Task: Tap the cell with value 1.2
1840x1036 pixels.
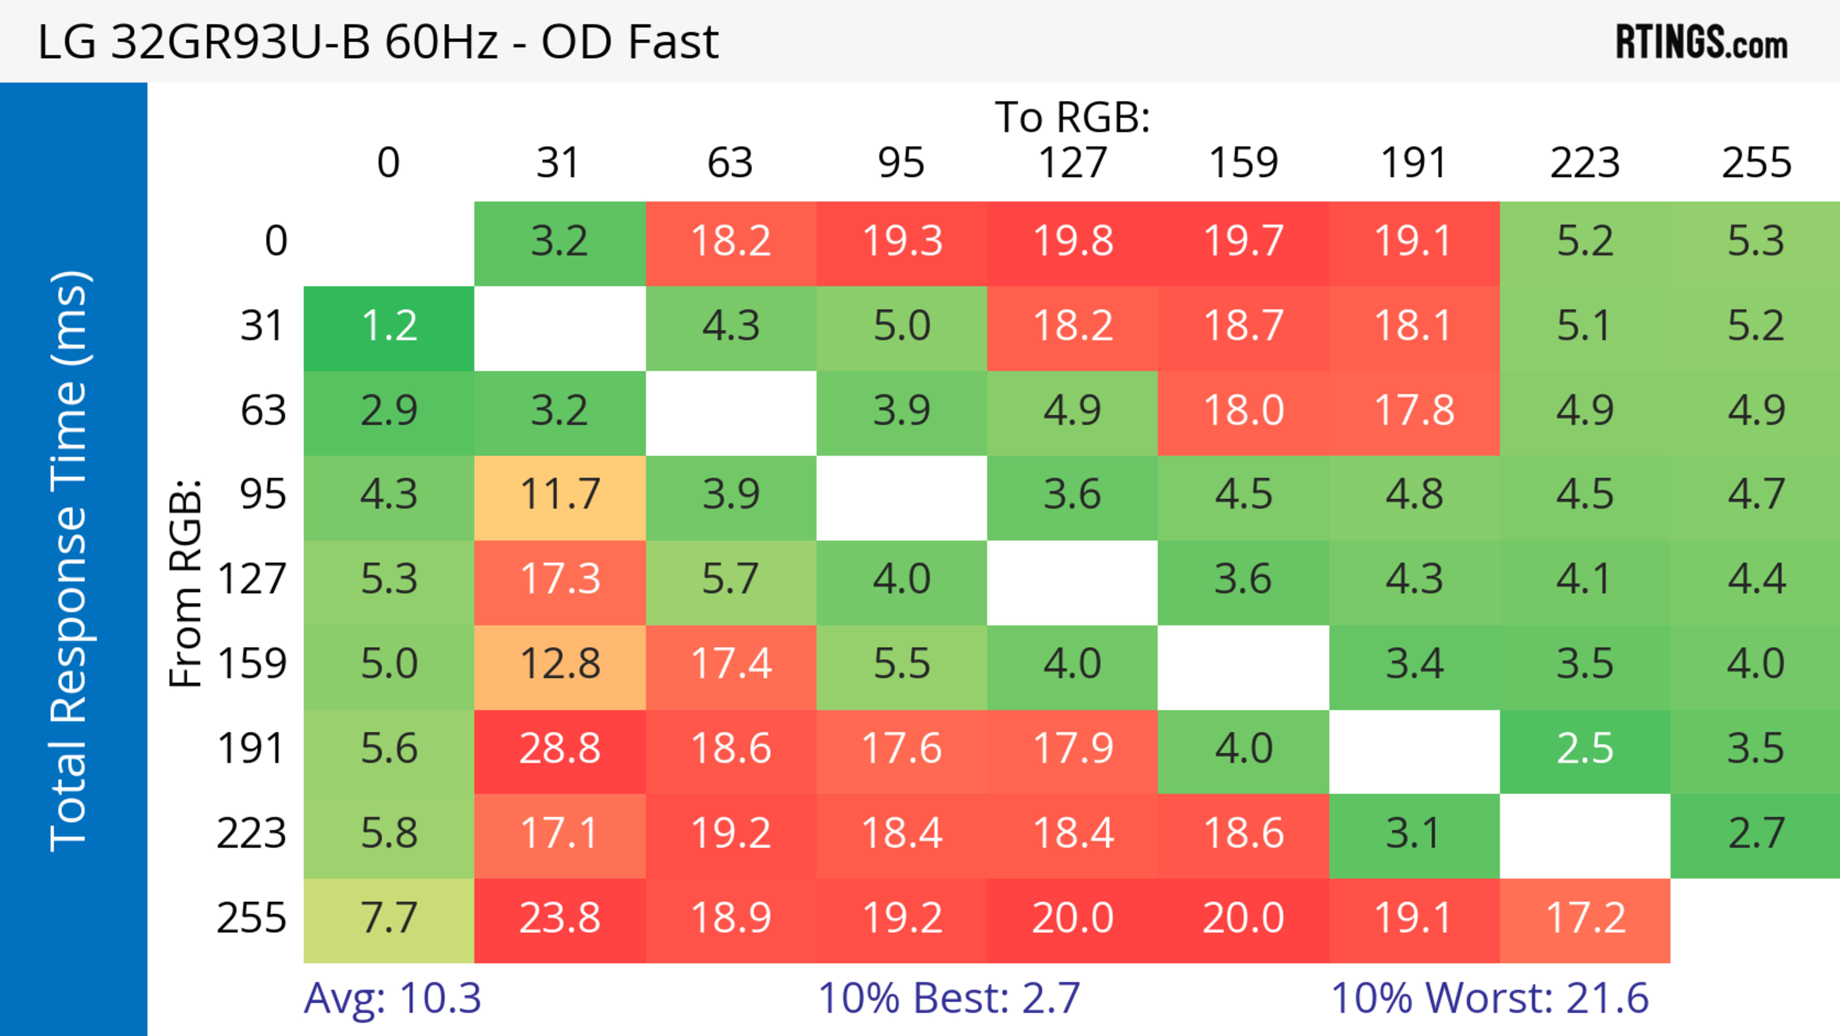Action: (x=389, y=326)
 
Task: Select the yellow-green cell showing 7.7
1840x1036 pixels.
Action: (x=389, y=918)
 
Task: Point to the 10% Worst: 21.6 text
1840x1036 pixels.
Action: (x=1489, y=998)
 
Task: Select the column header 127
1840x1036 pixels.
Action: (x=1072, y=163)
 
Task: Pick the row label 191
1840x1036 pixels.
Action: (x=252, y=749)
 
